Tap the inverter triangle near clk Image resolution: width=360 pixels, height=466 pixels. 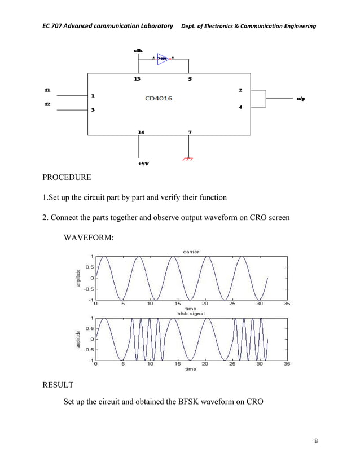(163, 58)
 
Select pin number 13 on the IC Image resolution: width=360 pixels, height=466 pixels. (137, 79)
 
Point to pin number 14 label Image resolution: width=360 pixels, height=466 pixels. (141, 132)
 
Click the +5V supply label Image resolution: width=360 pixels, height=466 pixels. (143, 164)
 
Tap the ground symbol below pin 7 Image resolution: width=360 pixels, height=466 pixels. (188, 159)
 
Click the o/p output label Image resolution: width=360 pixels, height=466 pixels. (301, 99)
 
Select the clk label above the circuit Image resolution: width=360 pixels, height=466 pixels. (138, 51)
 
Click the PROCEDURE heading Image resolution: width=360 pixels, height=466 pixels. (67, 178)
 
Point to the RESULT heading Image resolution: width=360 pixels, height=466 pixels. (58, 386)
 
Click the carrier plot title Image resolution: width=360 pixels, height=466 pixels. (191, 251)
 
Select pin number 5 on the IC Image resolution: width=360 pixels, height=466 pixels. (190, 79)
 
